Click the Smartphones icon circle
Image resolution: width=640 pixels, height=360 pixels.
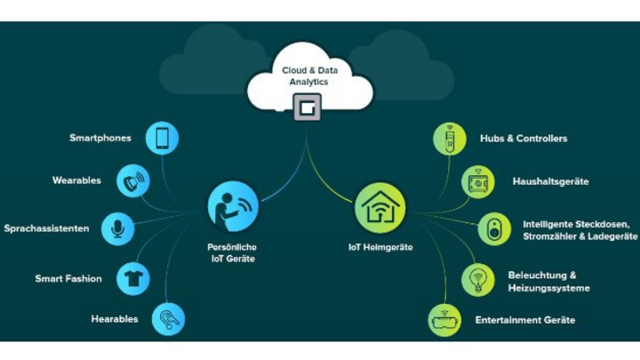[x=162, y=138]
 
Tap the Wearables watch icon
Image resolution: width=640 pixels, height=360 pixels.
[x=133, y=180]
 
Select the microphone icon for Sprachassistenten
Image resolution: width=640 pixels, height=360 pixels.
[x=117, y=228]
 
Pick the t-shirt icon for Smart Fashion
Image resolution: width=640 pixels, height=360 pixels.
[x=133, y=278]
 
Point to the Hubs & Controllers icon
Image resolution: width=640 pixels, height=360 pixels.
[x=449, y=139]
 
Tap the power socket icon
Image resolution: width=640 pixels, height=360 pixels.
[x=494, y=229]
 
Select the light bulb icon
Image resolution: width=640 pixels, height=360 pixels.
[x=477, y=279]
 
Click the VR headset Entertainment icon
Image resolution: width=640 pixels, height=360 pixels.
[x=444, y=319]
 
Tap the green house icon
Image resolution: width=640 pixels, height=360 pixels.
[x=380, y=206]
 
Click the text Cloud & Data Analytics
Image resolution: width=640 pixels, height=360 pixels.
[x=305, y=76]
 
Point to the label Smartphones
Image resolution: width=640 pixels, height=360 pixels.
[x=100, y=138]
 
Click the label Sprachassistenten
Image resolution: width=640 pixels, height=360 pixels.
[x=46, y=228]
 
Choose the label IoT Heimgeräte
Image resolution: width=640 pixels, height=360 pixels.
[x=380, y=247]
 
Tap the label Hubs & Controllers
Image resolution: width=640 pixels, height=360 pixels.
[x=524, y=139]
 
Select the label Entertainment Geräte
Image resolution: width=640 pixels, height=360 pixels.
[x=525, y=319]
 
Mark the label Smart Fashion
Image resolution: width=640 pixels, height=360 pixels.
[x=68, y=278]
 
